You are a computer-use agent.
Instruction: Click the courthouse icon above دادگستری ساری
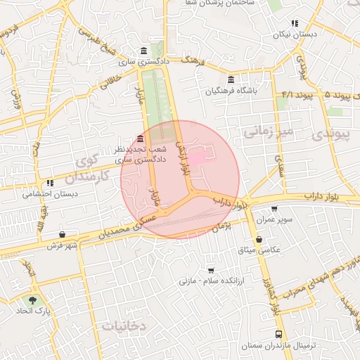pos(143,51)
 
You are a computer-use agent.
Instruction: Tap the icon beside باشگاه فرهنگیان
pos(231,79)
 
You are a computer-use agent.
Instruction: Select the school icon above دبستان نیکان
pos(295,23)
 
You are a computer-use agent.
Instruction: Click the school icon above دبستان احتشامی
pos(50,184)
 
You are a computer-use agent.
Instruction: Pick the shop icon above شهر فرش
pos(63,235)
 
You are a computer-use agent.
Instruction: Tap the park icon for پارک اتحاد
pos(32,300)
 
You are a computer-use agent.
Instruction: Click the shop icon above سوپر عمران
pos(274,209)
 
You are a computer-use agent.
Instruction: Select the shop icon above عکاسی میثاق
pos(259,239)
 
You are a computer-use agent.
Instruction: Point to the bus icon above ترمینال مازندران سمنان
pos(279,335)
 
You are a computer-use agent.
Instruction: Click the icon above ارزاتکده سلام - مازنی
pos(211,270)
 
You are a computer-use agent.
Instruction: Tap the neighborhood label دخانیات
pos(123,326)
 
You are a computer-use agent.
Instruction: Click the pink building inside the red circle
pos(198,160)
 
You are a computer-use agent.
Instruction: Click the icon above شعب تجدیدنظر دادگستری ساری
pos(141,138)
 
